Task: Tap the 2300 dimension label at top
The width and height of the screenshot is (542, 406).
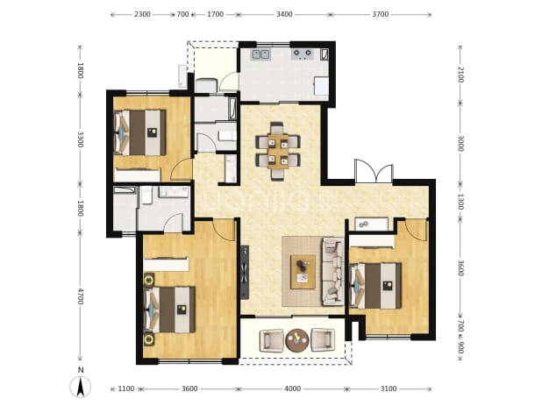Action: (x=142, y=14)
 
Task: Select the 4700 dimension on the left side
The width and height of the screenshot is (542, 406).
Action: (x=80, y=296)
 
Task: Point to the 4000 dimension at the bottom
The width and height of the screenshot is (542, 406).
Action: (x=292, y=388)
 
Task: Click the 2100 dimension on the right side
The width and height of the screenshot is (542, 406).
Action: (x=460, y=75)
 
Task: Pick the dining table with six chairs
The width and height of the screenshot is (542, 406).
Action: (x=278, y=151)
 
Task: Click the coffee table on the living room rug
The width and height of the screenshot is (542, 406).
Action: (x=303, y=272)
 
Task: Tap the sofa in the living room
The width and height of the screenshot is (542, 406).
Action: (x=333, y=272)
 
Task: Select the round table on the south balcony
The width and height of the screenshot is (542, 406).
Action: (x=297, y=340)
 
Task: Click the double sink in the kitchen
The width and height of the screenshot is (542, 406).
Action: (x=261, y=54)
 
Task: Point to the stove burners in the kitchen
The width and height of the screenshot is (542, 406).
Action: (x=303, y=53)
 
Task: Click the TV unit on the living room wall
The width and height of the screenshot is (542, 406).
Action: (x=245, y=272)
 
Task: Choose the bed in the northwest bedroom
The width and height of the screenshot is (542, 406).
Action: (x=140, y=132)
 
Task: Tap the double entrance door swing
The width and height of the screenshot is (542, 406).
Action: (x=374, y=171)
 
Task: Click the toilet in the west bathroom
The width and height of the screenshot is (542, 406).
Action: (x=147, y=195)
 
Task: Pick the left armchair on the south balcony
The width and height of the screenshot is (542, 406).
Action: (x=272, y=340)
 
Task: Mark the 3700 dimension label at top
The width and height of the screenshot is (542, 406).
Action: (x=381, y=14)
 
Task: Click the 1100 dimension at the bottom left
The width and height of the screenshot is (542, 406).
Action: (x=125, y=388)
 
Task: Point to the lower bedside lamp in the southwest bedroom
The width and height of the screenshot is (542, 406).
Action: (x=149, y=339)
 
